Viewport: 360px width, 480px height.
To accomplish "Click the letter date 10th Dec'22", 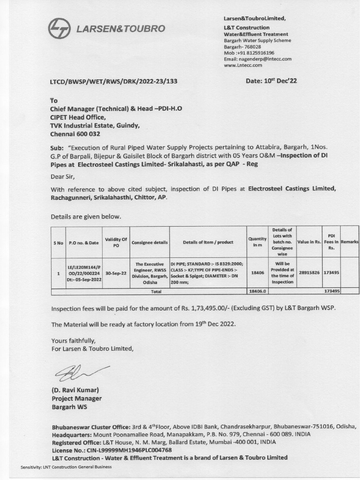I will [271, 81].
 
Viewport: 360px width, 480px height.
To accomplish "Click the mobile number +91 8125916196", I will [254, 53].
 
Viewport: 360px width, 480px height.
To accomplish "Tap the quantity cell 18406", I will [257, 272].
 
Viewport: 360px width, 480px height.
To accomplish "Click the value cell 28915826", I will [308, 272].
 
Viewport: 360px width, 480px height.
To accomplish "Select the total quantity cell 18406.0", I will [257, 291].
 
